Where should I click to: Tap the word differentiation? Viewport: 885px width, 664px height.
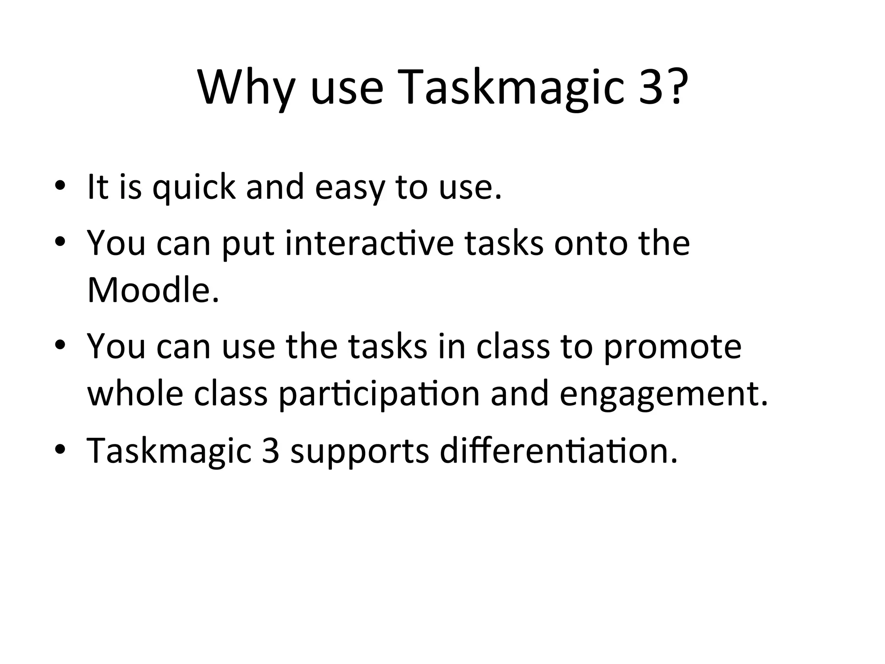(x=558, y=450)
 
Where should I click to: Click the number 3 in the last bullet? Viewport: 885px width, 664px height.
(x=270, y=450)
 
